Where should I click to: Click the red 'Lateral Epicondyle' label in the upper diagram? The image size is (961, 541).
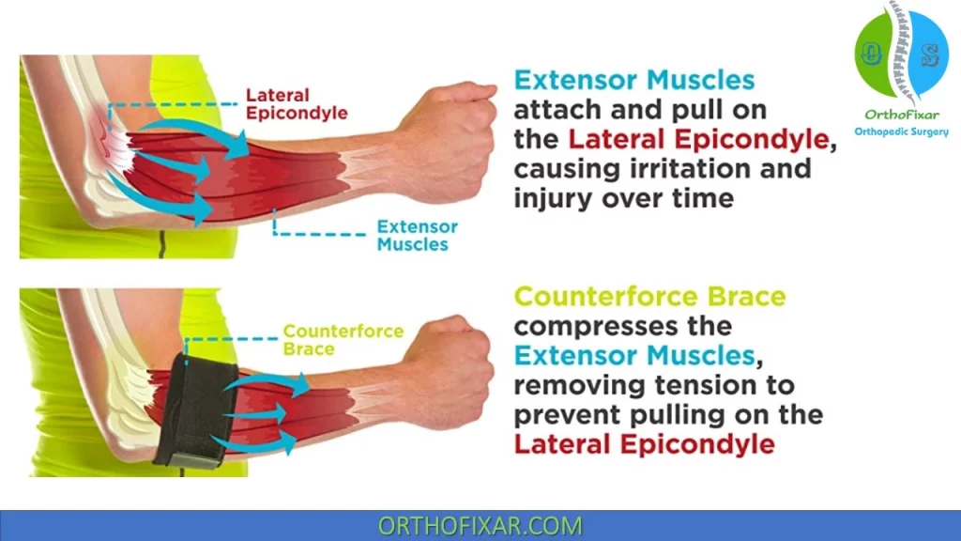tap(297, 104)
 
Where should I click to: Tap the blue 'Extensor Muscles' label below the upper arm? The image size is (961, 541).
tap(418, 236)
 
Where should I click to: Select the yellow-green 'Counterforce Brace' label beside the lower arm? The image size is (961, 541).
tap(343, 340)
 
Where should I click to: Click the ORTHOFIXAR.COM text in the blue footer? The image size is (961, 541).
tap(480, 526)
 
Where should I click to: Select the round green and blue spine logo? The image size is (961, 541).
tap(902, 54)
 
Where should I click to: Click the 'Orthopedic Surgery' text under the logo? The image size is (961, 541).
tap(902, 131)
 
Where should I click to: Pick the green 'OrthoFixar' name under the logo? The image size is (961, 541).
tap(902, 115)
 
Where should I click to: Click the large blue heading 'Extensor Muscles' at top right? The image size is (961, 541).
tap(634, 80)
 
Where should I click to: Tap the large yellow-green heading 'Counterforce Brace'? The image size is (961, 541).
tap(649, 297)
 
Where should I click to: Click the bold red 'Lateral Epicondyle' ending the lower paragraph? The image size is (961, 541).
tap(644, 444)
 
